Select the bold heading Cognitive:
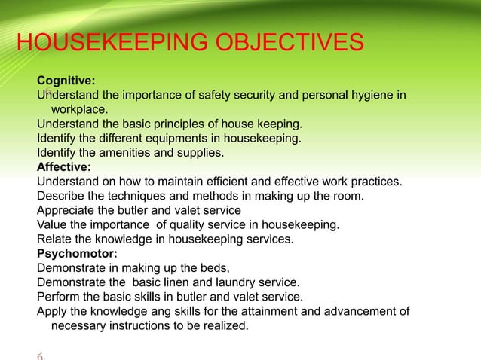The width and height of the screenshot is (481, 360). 66,81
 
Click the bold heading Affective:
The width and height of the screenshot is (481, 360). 64,167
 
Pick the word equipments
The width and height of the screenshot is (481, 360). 167,139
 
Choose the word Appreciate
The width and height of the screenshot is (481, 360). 66,210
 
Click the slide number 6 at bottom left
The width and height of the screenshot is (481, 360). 40,354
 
